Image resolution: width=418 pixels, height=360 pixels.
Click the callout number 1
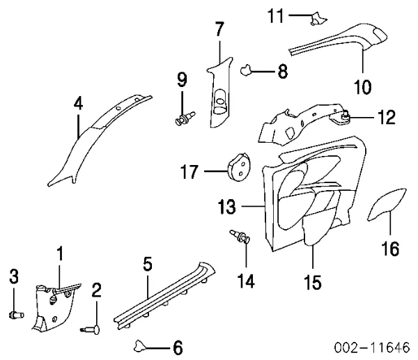(60, 254)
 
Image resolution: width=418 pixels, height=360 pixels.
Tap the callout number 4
(78, 104)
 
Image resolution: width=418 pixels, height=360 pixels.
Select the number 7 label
(219, 30)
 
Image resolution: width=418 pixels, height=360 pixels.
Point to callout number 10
(362, 87)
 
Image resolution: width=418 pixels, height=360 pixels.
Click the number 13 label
(229, 208)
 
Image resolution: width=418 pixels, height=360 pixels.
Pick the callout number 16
(391, 247)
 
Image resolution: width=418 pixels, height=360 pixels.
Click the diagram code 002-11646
(373, 347)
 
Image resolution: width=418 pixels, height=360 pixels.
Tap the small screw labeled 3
(15, 314)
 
